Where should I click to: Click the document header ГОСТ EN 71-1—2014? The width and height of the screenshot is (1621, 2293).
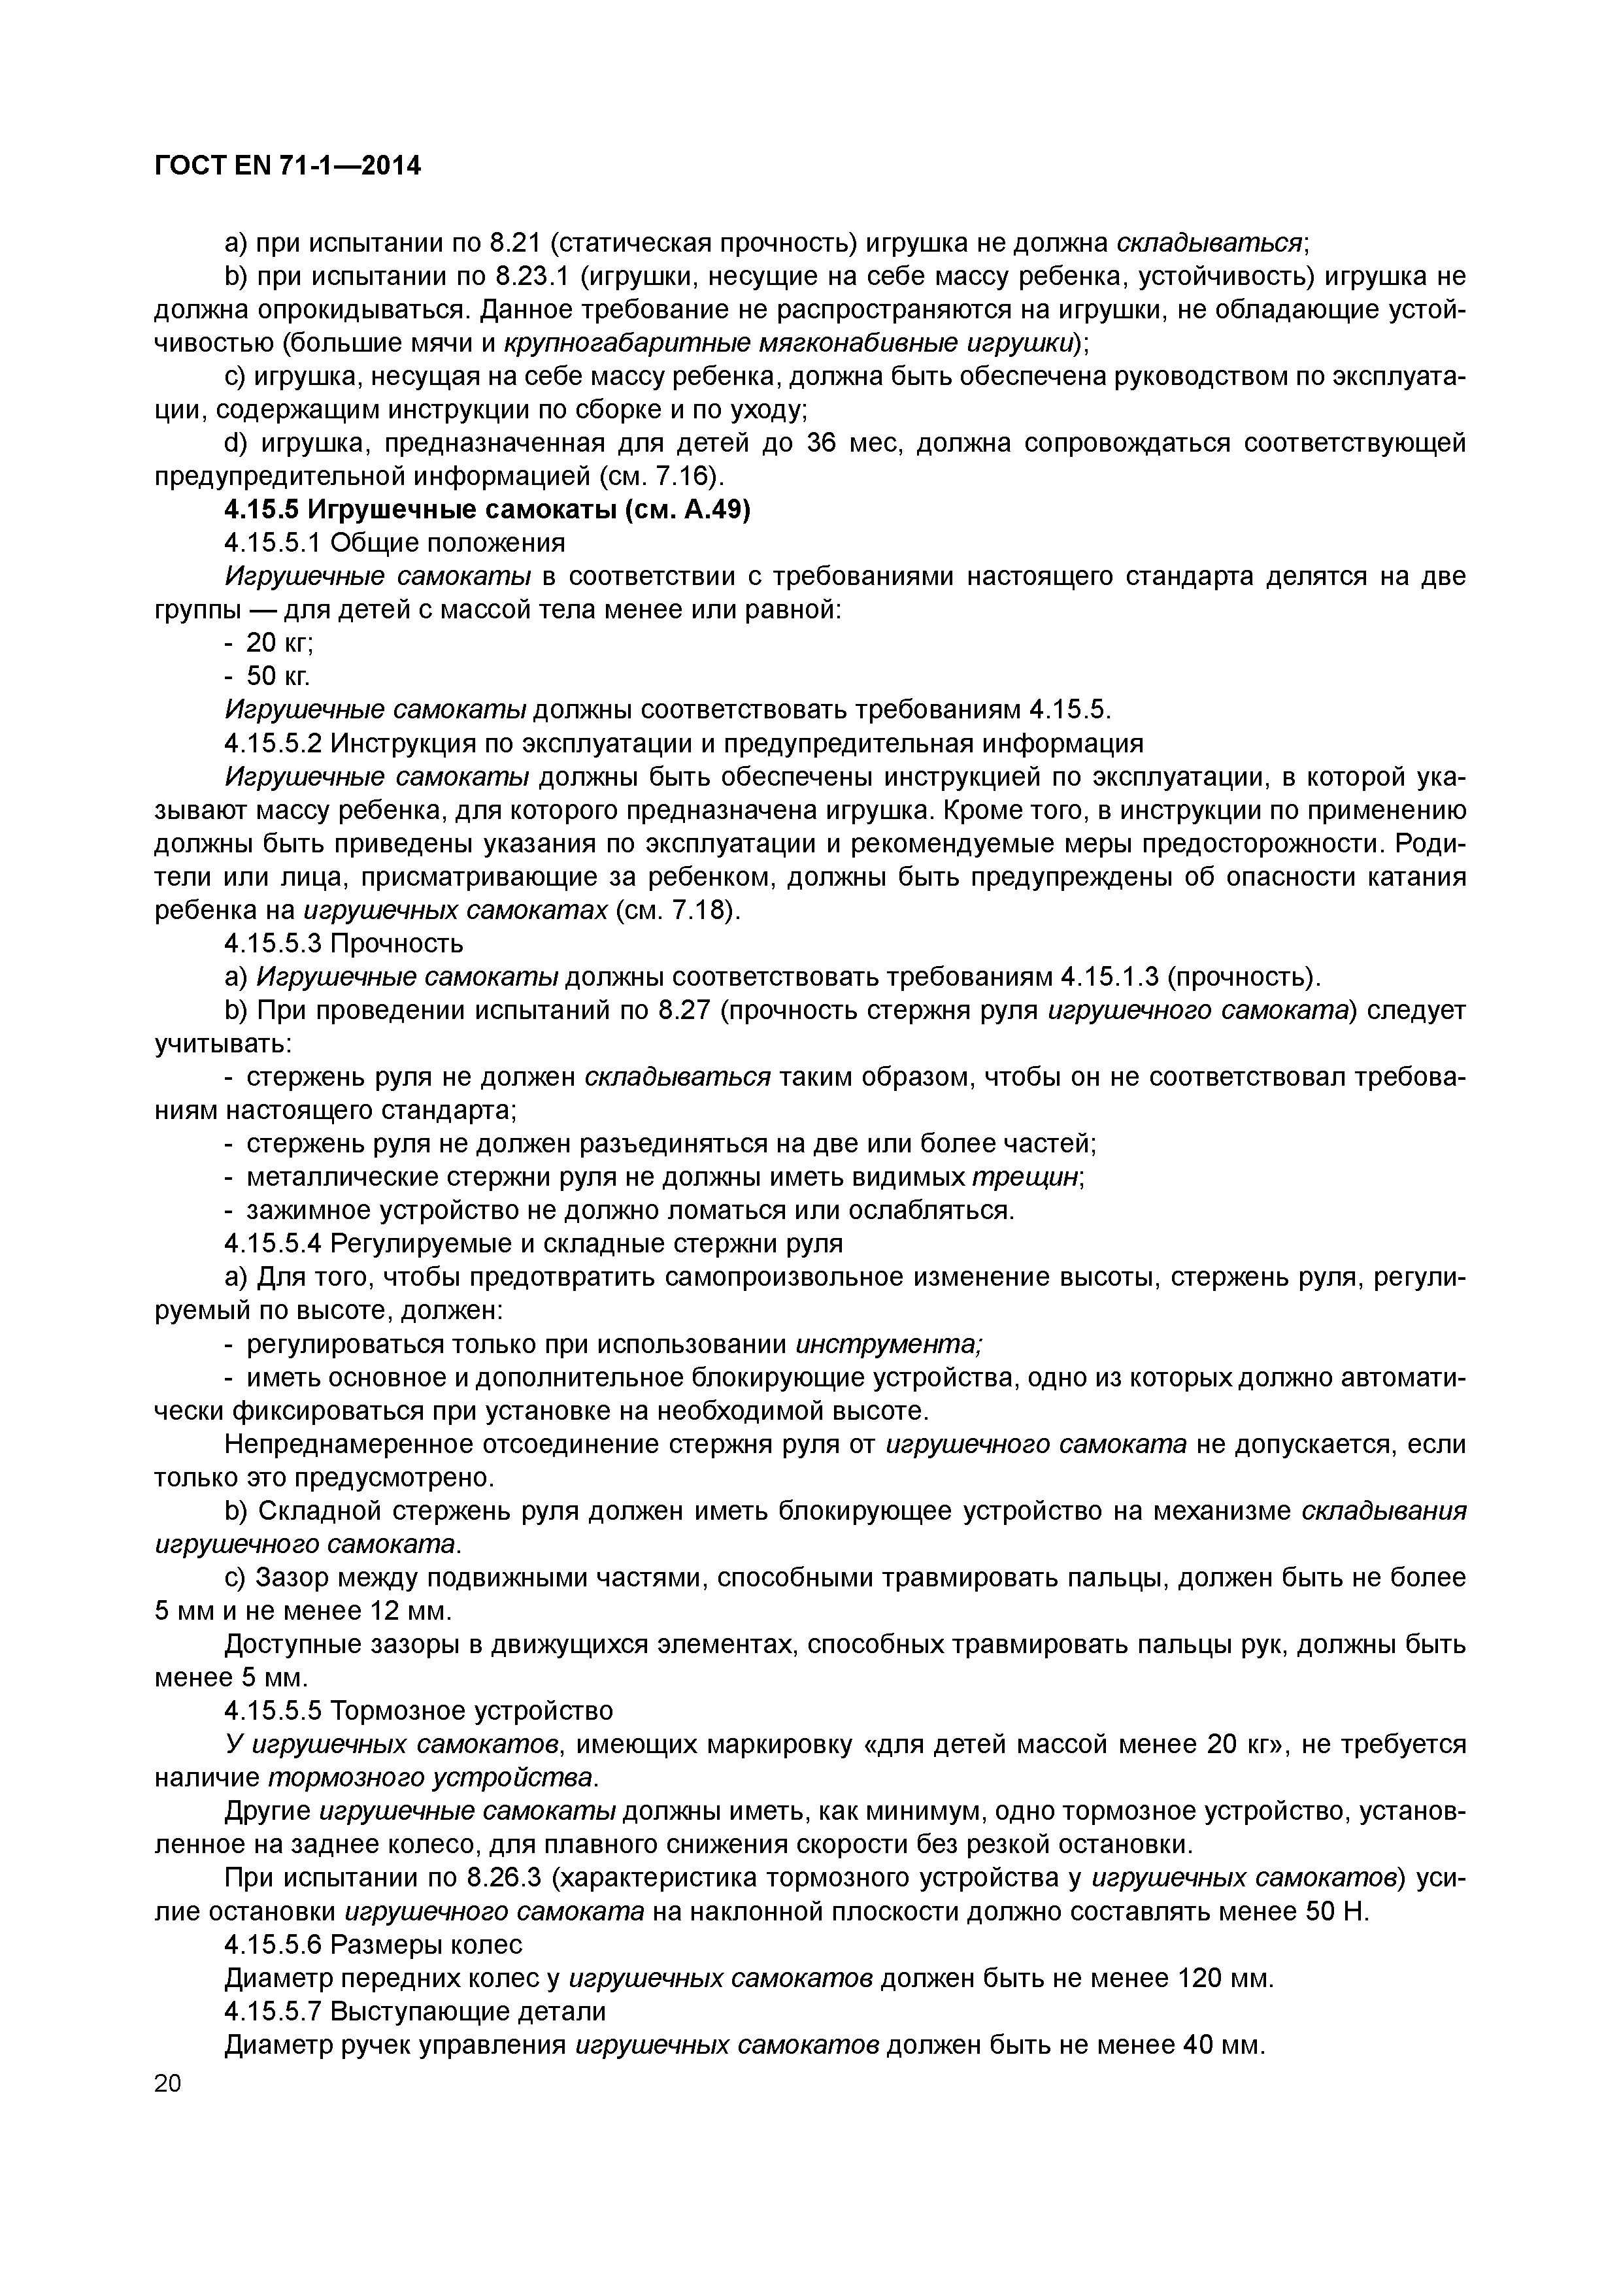(x=288, y=166)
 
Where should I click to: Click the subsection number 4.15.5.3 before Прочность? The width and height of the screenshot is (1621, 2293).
(x=274, y=943)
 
